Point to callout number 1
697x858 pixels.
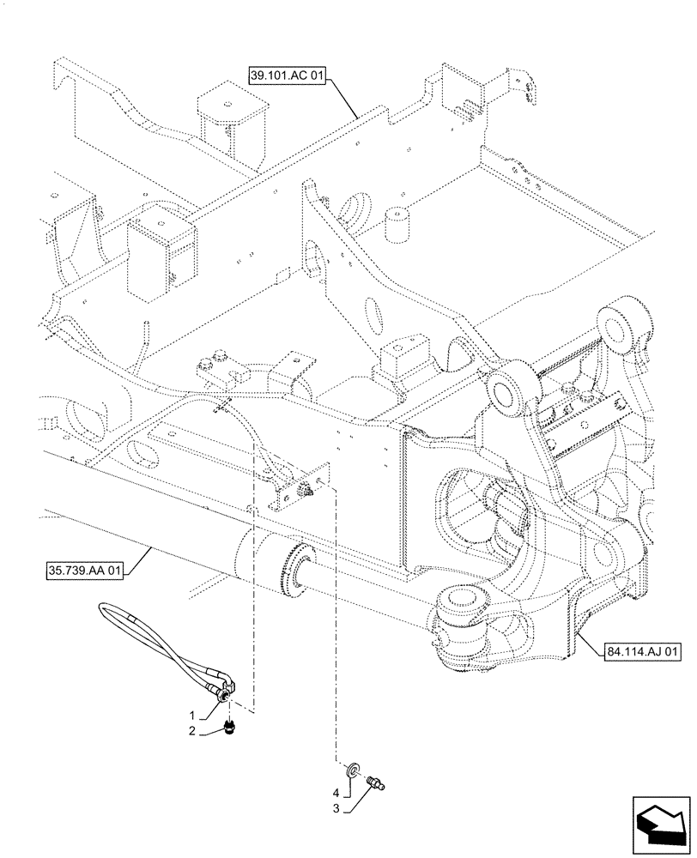pos(197,714)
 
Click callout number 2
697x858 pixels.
pos(197,731)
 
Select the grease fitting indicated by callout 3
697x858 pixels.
pos(375,782)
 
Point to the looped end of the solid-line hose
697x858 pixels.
pos(108,610)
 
